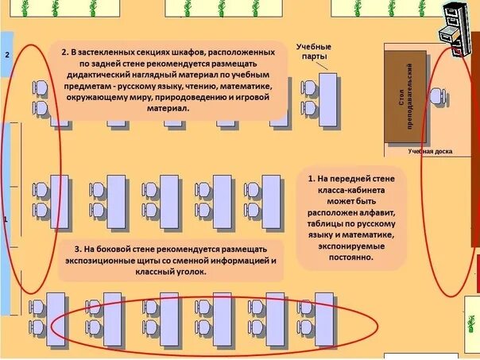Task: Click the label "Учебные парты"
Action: coord(313,52)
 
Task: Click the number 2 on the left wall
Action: coord(7,55)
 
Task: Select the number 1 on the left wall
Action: coord(6,218)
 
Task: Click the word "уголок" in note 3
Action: coord(188,272)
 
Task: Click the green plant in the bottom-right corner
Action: coord(468,327)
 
